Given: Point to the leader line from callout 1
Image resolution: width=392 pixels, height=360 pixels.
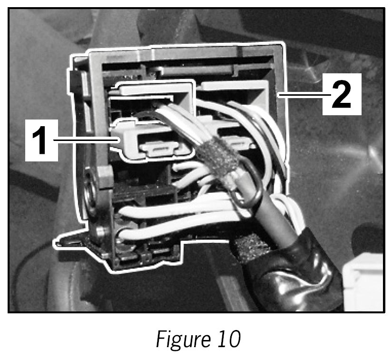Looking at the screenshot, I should [x=86, y=140].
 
